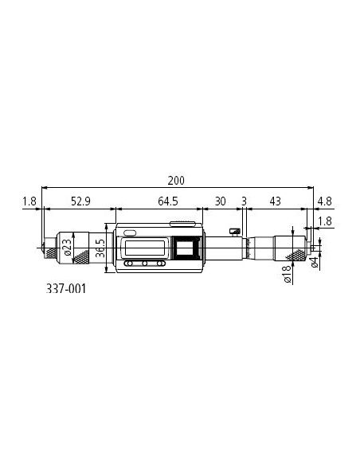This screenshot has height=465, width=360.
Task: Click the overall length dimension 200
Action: [176, 180]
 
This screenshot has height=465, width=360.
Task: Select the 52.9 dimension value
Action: [80, 201]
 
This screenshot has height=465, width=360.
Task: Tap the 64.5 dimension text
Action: [168, 201]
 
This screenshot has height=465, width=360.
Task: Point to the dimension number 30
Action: [220, 201]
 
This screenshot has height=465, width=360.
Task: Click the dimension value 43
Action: [276, 201]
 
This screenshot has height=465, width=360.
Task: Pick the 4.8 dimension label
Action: [324, 201]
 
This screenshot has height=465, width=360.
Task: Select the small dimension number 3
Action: [244, 201]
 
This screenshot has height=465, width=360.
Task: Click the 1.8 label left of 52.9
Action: [29, 201]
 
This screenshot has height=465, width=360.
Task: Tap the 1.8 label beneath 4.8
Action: [325, 221]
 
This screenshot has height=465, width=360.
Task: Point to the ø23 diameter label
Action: [68, 248]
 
